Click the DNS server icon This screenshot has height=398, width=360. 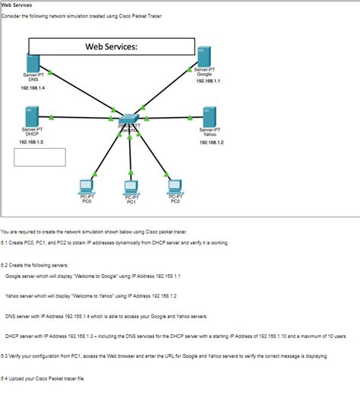33,62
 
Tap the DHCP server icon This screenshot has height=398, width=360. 30,116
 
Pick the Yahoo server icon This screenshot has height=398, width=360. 210,116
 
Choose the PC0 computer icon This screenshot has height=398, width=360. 87,186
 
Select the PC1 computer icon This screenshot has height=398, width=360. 131,188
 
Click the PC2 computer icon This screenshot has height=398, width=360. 175,186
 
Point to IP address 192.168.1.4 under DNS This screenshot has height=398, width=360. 33,88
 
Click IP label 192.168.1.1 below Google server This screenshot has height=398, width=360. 207,81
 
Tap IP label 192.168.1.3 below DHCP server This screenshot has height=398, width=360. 31,142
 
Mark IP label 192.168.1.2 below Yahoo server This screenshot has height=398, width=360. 211,142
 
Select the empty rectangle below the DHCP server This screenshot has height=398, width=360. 39,156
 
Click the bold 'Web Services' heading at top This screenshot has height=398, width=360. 16,5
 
